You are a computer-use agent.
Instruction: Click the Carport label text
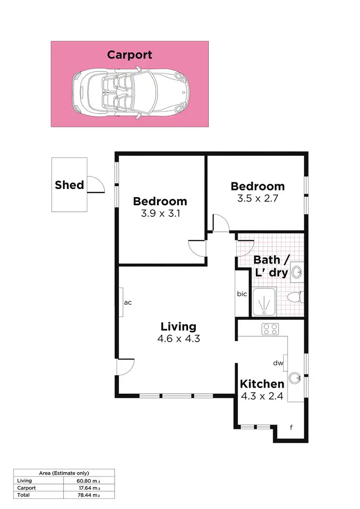[130, 55]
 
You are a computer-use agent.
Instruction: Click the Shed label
[69, 185]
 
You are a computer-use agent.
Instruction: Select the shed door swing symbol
[96, 184]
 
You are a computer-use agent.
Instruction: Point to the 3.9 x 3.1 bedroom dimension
[160, 214]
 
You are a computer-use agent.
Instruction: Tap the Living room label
[178, 327]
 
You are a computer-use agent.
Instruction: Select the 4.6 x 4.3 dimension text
[178, 339]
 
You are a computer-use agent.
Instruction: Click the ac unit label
[128, 303]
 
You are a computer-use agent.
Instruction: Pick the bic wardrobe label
[242, 294]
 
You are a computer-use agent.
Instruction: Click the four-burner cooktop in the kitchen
[270, 329]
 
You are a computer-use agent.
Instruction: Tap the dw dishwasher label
[278, 363]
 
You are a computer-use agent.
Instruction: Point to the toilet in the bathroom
[294, 297]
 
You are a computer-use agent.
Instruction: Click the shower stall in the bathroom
[265, 303]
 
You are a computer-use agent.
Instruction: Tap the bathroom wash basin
[297, 272]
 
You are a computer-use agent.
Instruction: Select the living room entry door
[125, 367]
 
